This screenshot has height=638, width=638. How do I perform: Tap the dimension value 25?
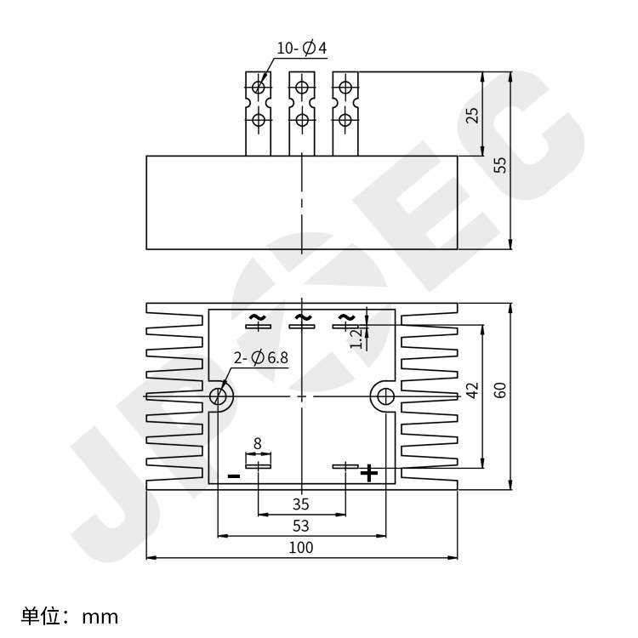point(474,114)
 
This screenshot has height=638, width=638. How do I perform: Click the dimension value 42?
point(474,389)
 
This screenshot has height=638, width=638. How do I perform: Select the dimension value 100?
point(300,547)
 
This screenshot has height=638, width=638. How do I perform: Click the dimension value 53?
point(300,526)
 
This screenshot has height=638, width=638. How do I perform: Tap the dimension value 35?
point(300,504)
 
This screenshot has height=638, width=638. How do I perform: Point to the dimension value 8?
point(258,443)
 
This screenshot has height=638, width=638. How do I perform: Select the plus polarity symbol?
point(368,473)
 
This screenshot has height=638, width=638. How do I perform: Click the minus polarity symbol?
point(234,476)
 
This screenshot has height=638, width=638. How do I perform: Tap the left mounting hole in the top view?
point(219,396)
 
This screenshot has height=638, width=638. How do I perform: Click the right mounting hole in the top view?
point(385,396)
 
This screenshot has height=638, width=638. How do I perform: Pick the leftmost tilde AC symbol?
point(256,317)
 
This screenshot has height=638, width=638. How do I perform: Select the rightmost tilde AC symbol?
point(345,317)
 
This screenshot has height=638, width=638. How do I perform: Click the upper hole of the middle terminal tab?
point(301,86)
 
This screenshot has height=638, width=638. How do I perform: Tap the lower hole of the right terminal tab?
point(345,118)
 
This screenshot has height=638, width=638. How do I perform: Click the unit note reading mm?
point(70,616)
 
